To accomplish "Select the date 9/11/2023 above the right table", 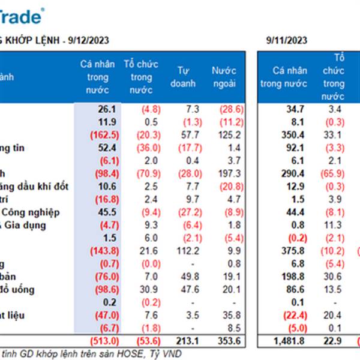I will [287, 40].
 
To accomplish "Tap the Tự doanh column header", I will [186, 77].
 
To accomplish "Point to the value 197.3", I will [231, 173].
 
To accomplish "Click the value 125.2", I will [231, 135].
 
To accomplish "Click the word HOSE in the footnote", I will [131, 354].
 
